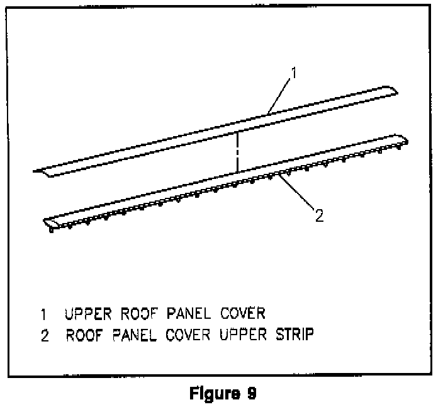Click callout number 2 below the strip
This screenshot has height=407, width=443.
coord(319,215)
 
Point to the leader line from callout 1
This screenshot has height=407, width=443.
coord(281,94)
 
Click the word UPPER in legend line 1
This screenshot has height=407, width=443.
coord(88,314)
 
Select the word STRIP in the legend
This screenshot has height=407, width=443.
coord(292,335)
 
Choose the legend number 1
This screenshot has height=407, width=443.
coord(43,314)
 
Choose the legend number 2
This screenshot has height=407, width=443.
coord(44,335)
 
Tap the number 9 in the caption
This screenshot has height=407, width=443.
coord(250,394)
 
